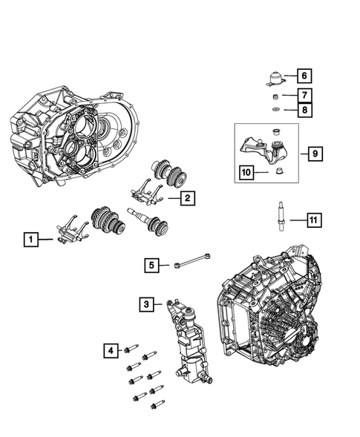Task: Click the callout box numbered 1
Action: point(31,239)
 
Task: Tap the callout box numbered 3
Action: point(147,303)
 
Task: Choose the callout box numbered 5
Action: point(152,264)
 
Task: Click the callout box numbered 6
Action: point(304,75)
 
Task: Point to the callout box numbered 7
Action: point(304,95)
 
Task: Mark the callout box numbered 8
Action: point(304,110)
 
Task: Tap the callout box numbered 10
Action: point(246,174)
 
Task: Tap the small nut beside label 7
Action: point(275,96)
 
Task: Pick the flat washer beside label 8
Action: point(275,110)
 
